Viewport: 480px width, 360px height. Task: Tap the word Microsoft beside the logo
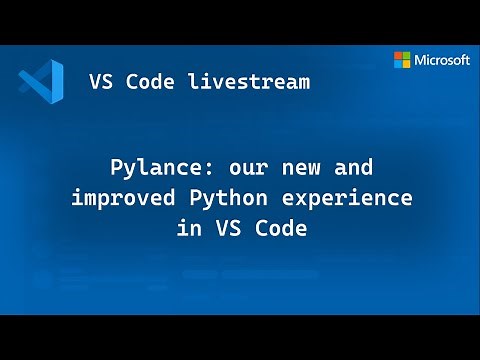443,60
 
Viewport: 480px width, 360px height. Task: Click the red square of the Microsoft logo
398,55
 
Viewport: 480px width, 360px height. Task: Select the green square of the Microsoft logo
407,55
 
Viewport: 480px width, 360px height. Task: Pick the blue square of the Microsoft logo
398,64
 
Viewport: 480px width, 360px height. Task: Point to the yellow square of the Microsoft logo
407,64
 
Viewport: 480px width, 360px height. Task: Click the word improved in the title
113,197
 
